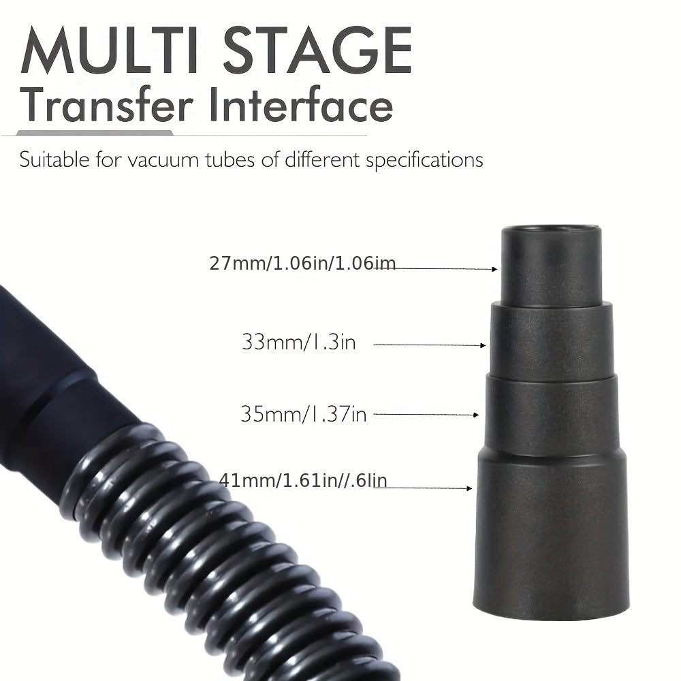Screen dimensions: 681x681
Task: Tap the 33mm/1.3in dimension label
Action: (298, 341)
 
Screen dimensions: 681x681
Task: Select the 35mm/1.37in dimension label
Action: (303, 413)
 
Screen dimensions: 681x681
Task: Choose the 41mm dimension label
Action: (302, 481)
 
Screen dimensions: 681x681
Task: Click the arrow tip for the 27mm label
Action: (495, 269)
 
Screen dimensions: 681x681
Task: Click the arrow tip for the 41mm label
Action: (469, 488)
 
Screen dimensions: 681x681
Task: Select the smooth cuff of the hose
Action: (48, 381)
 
